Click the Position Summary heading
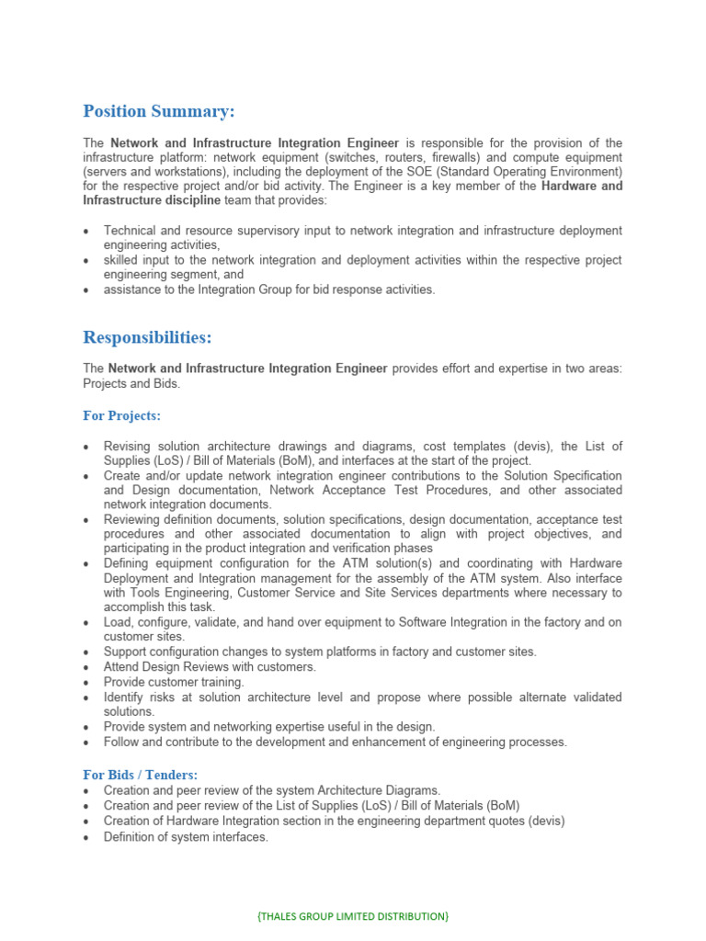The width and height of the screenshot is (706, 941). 159,111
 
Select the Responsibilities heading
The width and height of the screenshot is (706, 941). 147,337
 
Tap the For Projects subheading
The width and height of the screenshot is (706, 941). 121,416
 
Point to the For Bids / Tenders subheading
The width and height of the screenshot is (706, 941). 140,775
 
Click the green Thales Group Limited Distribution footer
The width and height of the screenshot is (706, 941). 352,916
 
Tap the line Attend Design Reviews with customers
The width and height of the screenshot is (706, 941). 210,666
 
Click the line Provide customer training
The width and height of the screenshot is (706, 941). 174,682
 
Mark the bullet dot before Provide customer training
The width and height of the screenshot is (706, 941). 86,683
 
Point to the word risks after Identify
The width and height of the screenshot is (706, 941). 166,697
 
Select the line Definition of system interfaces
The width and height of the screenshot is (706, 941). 186,836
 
